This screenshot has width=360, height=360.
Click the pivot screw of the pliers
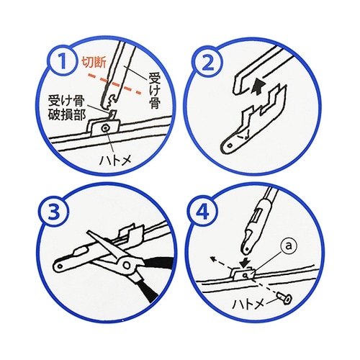point(129,266)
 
